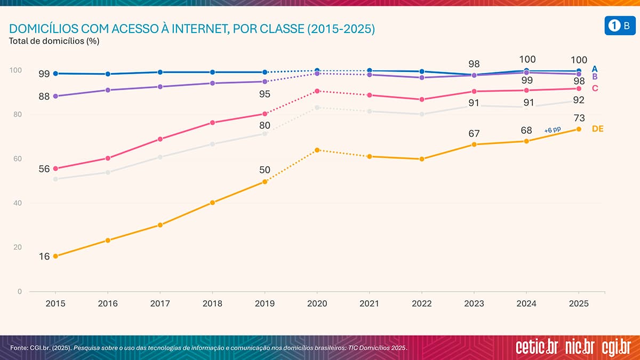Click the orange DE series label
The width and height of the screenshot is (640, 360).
click(598, 129)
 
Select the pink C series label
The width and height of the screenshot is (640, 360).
click(595, 88)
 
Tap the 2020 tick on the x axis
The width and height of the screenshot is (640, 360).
click(317, 303)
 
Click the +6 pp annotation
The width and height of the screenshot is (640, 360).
click(553, 130)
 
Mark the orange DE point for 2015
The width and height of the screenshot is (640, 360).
click(55, 256)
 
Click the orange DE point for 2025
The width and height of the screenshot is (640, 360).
click(579, 129)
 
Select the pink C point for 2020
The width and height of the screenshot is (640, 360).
click(317, 91)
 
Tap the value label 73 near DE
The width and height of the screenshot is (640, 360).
click(579, 118)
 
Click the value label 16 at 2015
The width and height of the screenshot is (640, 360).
click(44, 256)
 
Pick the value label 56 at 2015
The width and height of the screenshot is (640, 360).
click(44, 169)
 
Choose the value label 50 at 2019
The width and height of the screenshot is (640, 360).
click(265, 170)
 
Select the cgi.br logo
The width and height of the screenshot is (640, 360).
click(616, 347)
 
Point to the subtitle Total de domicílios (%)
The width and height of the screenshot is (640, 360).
click(55, 41)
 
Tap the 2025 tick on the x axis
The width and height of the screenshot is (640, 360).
click(579, 303)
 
